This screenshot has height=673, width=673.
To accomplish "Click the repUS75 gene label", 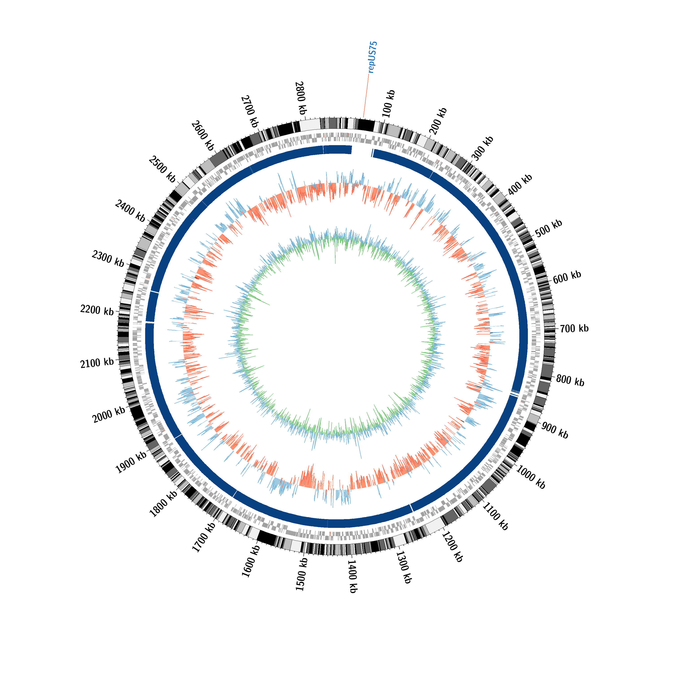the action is [373, 57].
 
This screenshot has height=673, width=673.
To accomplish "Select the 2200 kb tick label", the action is [97, 309].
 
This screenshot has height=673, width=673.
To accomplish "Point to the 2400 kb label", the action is [130, 211].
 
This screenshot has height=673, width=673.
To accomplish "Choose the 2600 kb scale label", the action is [202, 135].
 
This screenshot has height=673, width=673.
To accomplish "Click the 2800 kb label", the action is [301, 98].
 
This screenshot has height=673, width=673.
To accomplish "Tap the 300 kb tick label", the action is [483, 148].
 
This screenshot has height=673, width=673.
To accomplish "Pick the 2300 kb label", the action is [108, 259].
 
